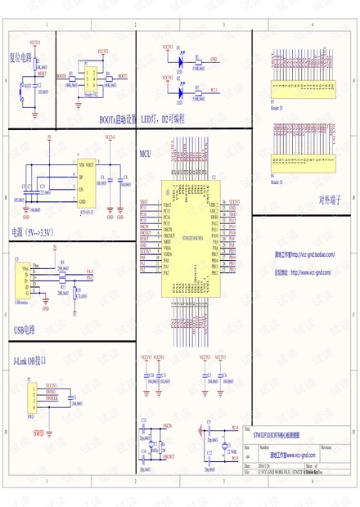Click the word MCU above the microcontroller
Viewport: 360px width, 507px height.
145,153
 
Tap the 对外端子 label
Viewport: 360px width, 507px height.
329,201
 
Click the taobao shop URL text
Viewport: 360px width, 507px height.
304,254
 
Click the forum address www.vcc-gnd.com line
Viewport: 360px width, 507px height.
304,272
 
